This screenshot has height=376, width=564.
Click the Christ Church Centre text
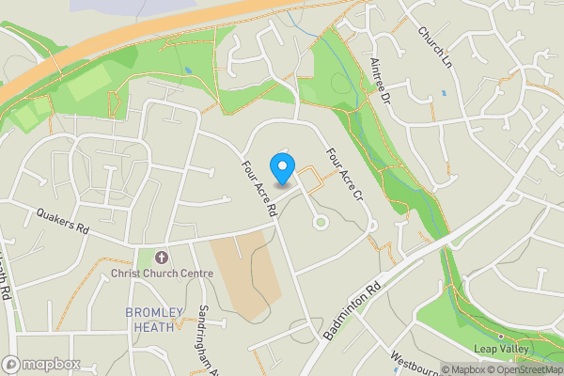pos(162,274)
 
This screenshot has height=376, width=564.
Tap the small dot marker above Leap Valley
pos(500,336)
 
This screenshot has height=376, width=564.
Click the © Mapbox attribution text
pos(462,369)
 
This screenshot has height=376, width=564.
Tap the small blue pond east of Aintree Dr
pos(443,93)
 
